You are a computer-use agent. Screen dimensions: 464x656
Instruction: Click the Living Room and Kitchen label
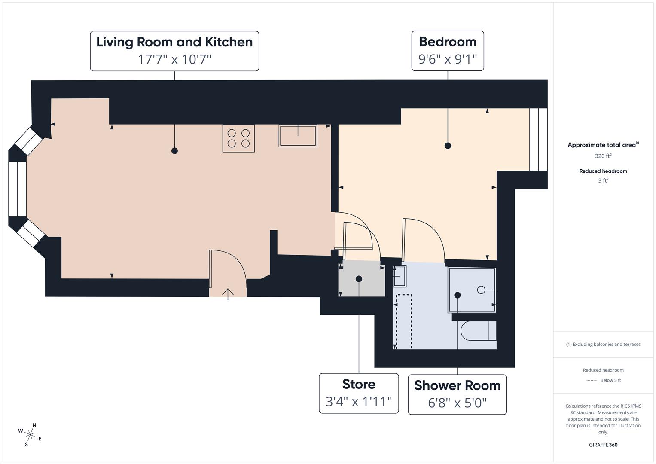tap(174, 42)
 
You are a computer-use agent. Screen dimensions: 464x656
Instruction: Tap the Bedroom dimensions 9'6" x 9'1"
tap(448, 59)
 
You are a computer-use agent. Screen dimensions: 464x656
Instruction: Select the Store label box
tap(359, 393)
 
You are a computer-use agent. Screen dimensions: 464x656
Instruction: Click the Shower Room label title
tap(457, 385)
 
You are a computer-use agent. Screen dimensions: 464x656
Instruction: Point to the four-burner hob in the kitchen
tap(238, 138)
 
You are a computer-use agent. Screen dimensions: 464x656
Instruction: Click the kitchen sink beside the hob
tap(298, 136)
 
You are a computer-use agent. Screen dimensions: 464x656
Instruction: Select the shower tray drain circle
tap(481, 290)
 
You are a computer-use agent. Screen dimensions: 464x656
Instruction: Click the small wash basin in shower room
tap(399, 276)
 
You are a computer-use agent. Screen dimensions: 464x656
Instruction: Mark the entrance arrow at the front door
tap(228, 293)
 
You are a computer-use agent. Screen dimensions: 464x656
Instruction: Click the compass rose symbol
tap(30, 435)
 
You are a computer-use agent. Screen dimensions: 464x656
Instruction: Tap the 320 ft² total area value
tap(603, 156)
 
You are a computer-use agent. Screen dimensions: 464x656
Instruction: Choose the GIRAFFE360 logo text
tap(603, 445)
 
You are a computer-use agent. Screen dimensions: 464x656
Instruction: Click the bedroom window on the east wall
tap(538, 139)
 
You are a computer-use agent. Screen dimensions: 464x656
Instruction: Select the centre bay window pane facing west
tap(18, 189)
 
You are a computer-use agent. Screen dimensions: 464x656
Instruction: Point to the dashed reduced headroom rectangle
tap(404, 321)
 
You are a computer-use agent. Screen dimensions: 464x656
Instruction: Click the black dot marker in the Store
tap(359, 279)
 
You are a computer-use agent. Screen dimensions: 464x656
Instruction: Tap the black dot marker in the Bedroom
tap(448, 146)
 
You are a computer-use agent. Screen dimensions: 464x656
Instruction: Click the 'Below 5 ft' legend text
tap(610, 380)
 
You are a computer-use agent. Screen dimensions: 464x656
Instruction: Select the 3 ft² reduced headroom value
tap(603, 180)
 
